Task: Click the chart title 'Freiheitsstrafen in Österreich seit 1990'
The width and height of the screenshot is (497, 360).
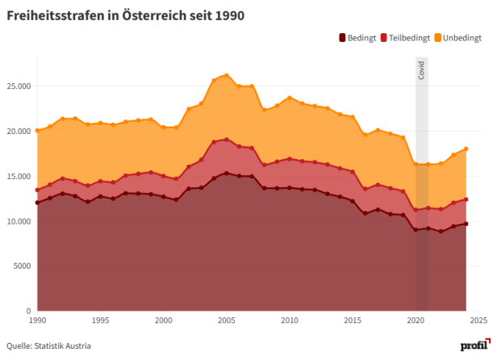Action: (126, 15)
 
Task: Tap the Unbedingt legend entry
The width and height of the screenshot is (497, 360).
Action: (460, 38)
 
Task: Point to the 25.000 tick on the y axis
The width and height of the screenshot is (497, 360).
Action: (17, 86)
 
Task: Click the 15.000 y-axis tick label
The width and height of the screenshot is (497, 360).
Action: (17, 176)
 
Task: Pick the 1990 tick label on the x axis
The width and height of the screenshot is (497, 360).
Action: (37, 320)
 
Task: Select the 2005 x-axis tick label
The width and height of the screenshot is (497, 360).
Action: (227, 320)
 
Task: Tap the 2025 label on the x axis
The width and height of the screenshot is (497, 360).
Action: (478, 320)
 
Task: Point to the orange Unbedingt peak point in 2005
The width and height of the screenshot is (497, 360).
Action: (227, 75)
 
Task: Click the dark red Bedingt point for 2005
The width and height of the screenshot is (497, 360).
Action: (227, 173)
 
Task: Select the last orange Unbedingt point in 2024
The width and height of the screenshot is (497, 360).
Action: (466, 149)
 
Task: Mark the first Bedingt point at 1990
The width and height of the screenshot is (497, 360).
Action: (37, 203)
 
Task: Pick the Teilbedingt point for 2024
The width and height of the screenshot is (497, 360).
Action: (466, 199)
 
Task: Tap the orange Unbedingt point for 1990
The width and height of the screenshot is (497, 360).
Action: (37, 130)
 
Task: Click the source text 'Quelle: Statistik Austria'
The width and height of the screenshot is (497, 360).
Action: (49, 346)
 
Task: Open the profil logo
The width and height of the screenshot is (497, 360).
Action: (474, 345)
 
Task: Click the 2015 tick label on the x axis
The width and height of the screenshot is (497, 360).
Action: (353, 320)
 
